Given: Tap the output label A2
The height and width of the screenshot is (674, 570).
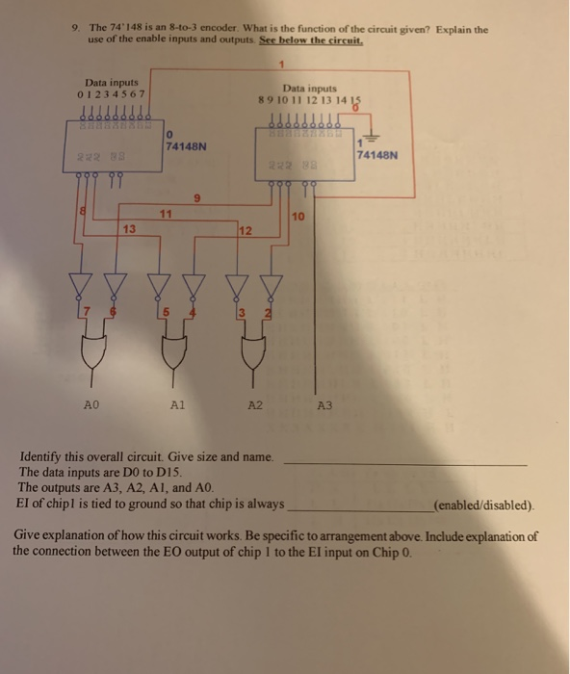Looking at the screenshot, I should (253, 406).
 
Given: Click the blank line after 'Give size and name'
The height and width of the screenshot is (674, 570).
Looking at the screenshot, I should (404, 463).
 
